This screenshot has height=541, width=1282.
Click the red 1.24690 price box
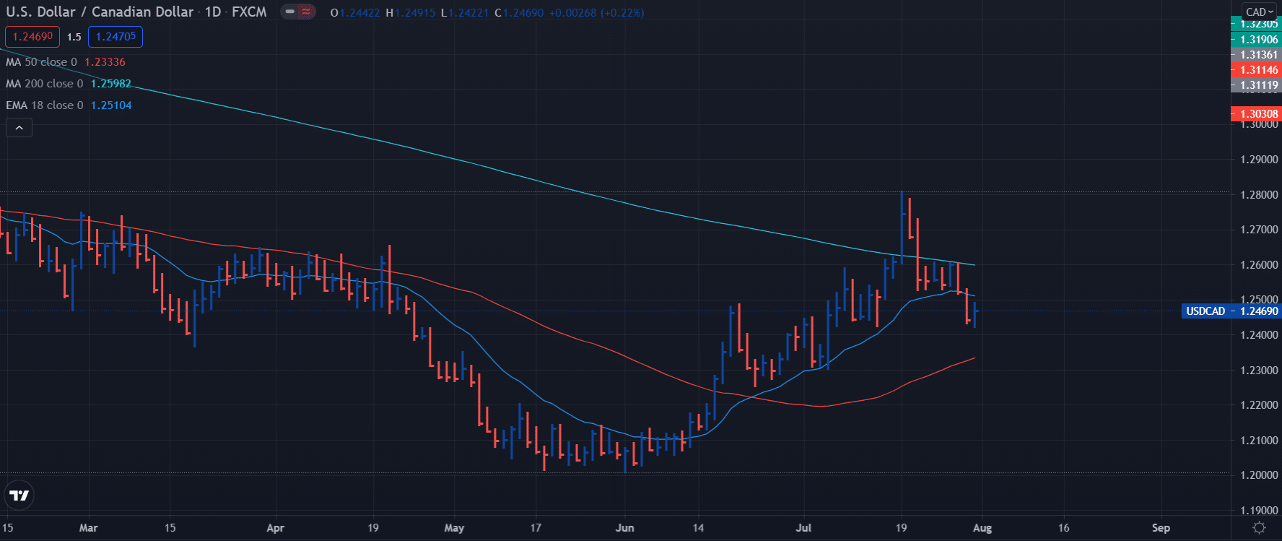coord(32,37)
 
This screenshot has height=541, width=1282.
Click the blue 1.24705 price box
coord(115,37)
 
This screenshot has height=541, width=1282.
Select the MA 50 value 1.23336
coord(105,62)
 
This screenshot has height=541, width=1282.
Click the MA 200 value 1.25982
coord(110,84)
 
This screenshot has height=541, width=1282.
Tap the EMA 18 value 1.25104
coord(110,105)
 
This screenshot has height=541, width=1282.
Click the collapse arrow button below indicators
coord(19,128)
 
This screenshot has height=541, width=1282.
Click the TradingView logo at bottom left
coord(19,495)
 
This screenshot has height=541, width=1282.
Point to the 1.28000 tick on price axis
coord(1258,195)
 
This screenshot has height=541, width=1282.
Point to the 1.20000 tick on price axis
coord(1258,475)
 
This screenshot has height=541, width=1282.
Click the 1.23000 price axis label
coord(1258,371)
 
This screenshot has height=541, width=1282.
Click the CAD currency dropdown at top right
coord(1260,12)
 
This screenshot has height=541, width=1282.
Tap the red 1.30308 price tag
coord(1258,114)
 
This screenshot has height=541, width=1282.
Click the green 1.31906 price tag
coord(1258,40)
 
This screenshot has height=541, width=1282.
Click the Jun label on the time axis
coord(624,528)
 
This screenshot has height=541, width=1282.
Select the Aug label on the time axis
coord(982,528)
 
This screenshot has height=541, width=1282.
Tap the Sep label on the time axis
coord(1161,528)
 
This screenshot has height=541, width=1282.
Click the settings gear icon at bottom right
coord(1259,528)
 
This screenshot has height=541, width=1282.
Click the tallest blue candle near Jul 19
coord(902,228)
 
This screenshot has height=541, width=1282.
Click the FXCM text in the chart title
coord(249,12)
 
